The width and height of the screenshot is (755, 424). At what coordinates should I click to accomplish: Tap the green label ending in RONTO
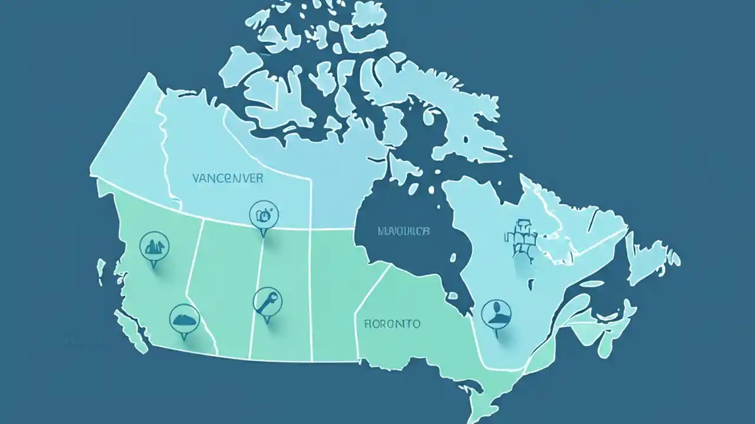(392, 323)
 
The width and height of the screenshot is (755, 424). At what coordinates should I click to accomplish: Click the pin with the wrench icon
(264, 301)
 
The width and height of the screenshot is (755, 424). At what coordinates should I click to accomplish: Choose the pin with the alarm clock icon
(262, 214)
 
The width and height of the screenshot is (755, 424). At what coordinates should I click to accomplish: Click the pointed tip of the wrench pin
(266, 323)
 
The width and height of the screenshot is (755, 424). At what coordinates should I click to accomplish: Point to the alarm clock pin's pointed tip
(263, 237)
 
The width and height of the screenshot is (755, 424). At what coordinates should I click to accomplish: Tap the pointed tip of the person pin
(497, 337)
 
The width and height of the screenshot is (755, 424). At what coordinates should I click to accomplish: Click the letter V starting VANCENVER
(196, 178)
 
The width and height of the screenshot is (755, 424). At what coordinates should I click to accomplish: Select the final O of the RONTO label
(416, 323)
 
